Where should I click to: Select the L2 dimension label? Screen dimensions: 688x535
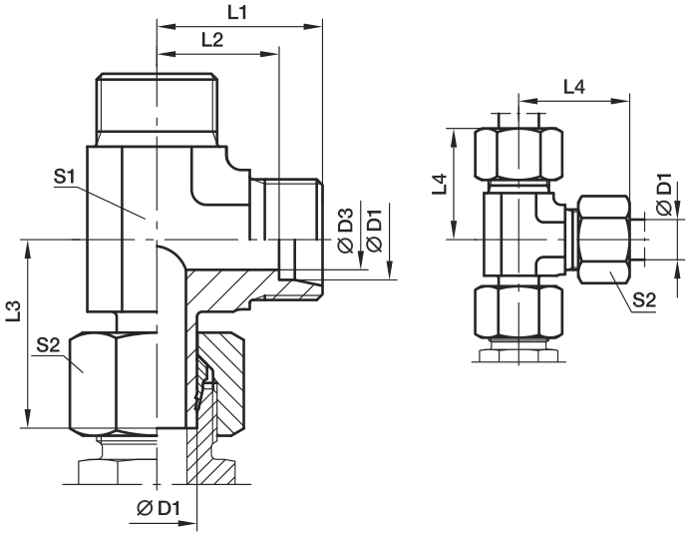(x=212, y=40)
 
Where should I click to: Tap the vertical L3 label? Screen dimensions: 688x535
(x=14, y=310)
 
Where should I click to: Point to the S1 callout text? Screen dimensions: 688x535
(x=65, y=177)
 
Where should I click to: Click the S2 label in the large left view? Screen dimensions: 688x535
(x=48, y=345)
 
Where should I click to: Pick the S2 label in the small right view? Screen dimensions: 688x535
(x=644, y=300)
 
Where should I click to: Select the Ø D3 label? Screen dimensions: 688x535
(x=346, y=231)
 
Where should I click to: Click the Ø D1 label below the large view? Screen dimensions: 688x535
(x=159, y=509)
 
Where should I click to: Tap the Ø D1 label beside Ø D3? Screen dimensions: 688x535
(x=375, y=231)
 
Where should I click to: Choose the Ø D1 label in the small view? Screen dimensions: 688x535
(x=665, y=195)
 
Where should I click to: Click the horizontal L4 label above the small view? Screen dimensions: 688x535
(x=574, y=88)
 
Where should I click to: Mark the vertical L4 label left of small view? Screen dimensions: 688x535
(x=439, y=185)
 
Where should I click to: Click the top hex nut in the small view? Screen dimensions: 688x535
(x=518, y=154)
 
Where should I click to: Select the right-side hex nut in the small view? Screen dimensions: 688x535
(x=604, y=240)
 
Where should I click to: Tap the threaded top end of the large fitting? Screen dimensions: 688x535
(x=158, y=109)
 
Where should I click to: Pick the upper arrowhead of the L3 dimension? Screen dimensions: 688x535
(x=28, y=250)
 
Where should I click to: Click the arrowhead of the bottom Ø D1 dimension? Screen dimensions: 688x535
(x=187, y=524)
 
